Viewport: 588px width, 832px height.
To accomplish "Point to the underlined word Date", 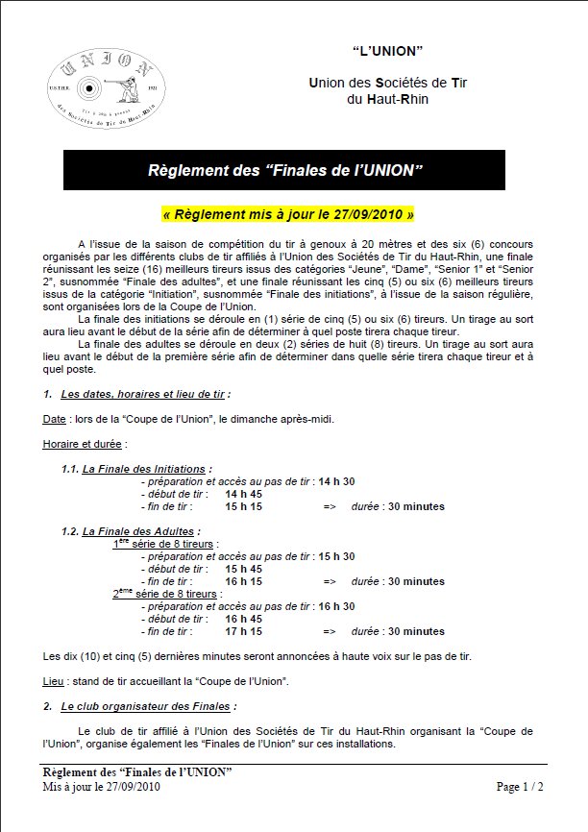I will pyautogui.click(x=54, y=419).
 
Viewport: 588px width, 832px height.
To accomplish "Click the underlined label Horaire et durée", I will pyautogui.click(x=85, y=444).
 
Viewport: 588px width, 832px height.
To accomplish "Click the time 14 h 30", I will pyautogui.click(x=337, y=481).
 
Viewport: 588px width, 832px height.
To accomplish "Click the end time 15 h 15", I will pyautogui.click(x=243, y=506).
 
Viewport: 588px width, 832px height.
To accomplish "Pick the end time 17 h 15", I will pyautogui.click(x=243, y=631).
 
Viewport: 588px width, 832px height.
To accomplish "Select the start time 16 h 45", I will pyautogui.click(x=243, y=619).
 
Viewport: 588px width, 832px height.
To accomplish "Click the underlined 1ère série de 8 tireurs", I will pyautogui.click(x=164, y=544).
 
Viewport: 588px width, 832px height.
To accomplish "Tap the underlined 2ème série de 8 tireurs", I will pyautogui.click(x=165, y=594).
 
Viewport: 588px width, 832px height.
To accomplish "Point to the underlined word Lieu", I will pyautogui.click(x=53, y=680).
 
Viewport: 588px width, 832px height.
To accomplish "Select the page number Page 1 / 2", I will pyautogui.click(x=520, y=787).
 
